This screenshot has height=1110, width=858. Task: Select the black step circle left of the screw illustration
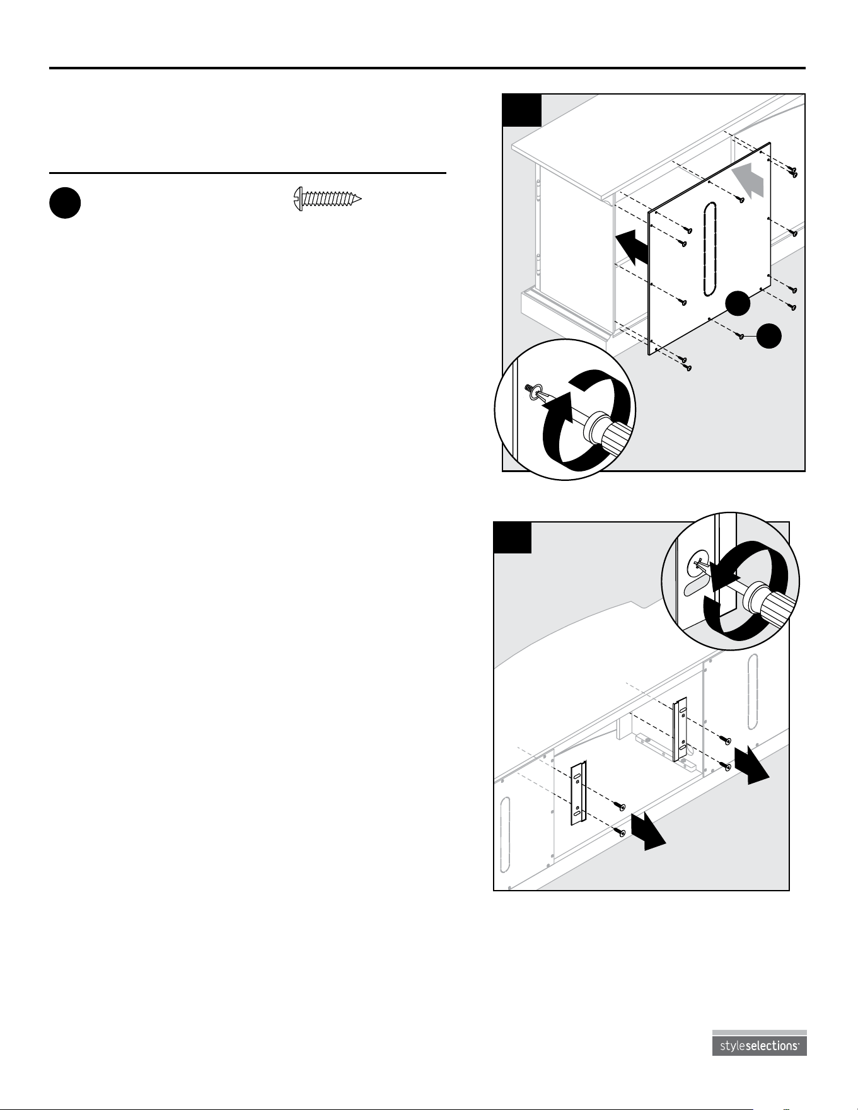click(65, 204)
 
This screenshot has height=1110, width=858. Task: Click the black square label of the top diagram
click(522, 110)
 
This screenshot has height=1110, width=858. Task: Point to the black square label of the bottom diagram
click(513, 537)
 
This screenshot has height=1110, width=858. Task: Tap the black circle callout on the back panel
click(738, 303)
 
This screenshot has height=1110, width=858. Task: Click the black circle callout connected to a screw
click(769, 336)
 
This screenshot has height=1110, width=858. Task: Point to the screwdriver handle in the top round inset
click(608, 434)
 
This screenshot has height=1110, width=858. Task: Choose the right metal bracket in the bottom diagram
click(680, 730)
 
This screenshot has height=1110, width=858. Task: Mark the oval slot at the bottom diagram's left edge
click(504, 834)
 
